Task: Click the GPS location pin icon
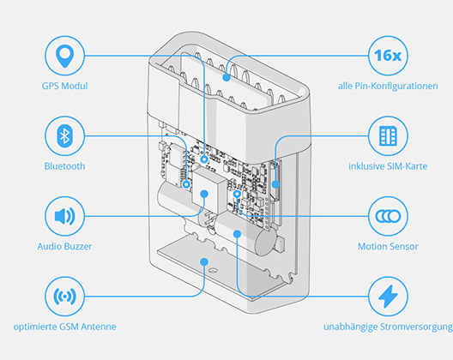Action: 64,56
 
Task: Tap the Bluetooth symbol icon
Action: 64,136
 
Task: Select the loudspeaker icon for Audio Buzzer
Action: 64,216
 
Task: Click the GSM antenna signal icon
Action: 64,297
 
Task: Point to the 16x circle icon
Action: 388,56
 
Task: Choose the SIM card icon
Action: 388,136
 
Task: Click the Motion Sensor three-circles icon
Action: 388,216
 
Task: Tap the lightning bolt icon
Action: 388,297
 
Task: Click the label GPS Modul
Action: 64,86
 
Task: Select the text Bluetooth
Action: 64,166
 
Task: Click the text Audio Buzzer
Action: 64,247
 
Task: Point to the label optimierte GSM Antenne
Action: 64,327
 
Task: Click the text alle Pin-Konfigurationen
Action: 388,86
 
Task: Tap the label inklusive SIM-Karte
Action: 388,166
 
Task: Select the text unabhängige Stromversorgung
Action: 388,327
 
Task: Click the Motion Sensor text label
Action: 388,247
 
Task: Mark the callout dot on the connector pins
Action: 226,77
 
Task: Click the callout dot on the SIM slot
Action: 275,184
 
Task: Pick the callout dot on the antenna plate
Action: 204,261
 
